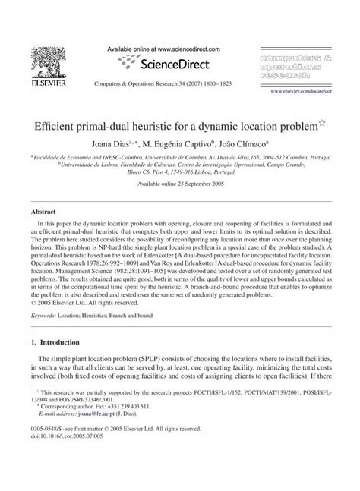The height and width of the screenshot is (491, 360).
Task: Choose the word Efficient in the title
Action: click(x=60, y=122)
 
